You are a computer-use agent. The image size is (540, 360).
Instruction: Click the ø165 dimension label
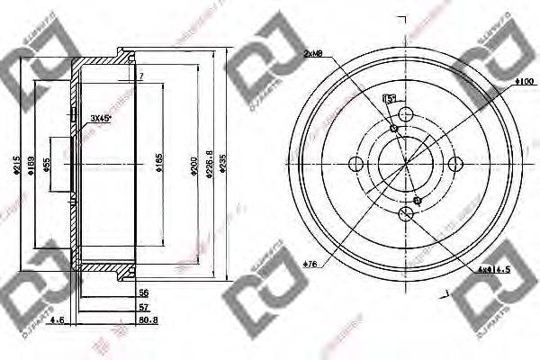click(x=160, y=164)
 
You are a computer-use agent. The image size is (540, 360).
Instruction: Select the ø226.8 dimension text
click(x=208, y=165)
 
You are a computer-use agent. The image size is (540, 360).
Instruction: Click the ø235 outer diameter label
click(x=223, y=165)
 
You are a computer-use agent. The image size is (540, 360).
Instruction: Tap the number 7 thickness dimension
click(x=141, y=78)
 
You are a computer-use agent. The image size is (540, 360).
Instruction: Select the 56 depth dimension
click(x=142, y=293)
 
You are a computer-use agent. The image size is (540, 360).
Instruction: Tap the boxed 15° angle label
click(x=390, y=98)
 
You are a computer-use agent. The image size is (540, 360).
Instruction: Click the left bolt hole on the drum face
click(x=355, y=163)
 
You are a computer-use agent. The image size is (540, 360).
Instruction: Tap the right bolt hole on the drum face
click(x=454, y=163)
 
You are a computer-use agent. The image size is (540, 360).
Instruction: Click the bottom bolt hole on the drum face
click(x=405, y=212)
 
